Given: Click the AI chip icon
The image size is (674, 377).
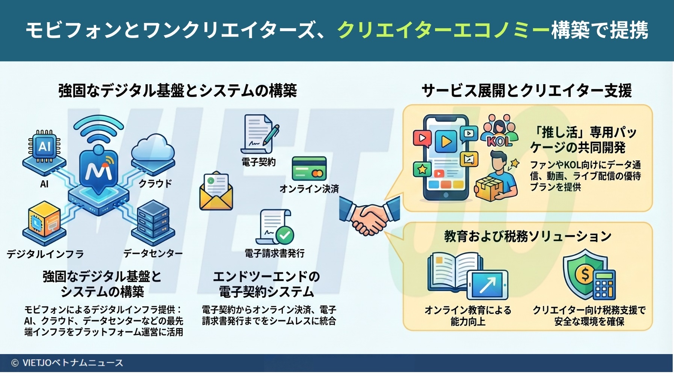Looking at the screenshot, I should point(44,147).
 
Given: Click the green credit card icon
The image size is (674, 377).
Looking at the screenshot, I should point(309,169).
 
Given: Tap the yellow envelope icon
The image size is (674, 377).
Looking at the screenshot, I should point(216,192).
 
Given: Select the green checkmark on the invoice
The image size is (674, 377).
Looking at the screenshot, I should point(285,235).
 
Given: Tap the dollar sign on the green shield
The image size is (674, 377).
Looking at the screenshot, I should point(585,275).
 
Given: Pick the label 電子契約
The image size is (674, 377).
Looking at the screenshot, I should point(258,162).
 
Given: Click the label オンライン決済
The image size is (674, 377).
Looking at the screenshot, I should point(309,189).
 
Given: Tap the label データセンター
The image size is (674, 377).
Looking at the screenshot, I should point(153,254).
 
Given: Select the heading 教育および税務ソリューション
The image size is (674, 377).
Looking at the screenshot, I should point(527,236).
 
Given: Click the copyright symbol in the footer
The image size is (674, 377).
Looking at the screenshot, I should point(15,363).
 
